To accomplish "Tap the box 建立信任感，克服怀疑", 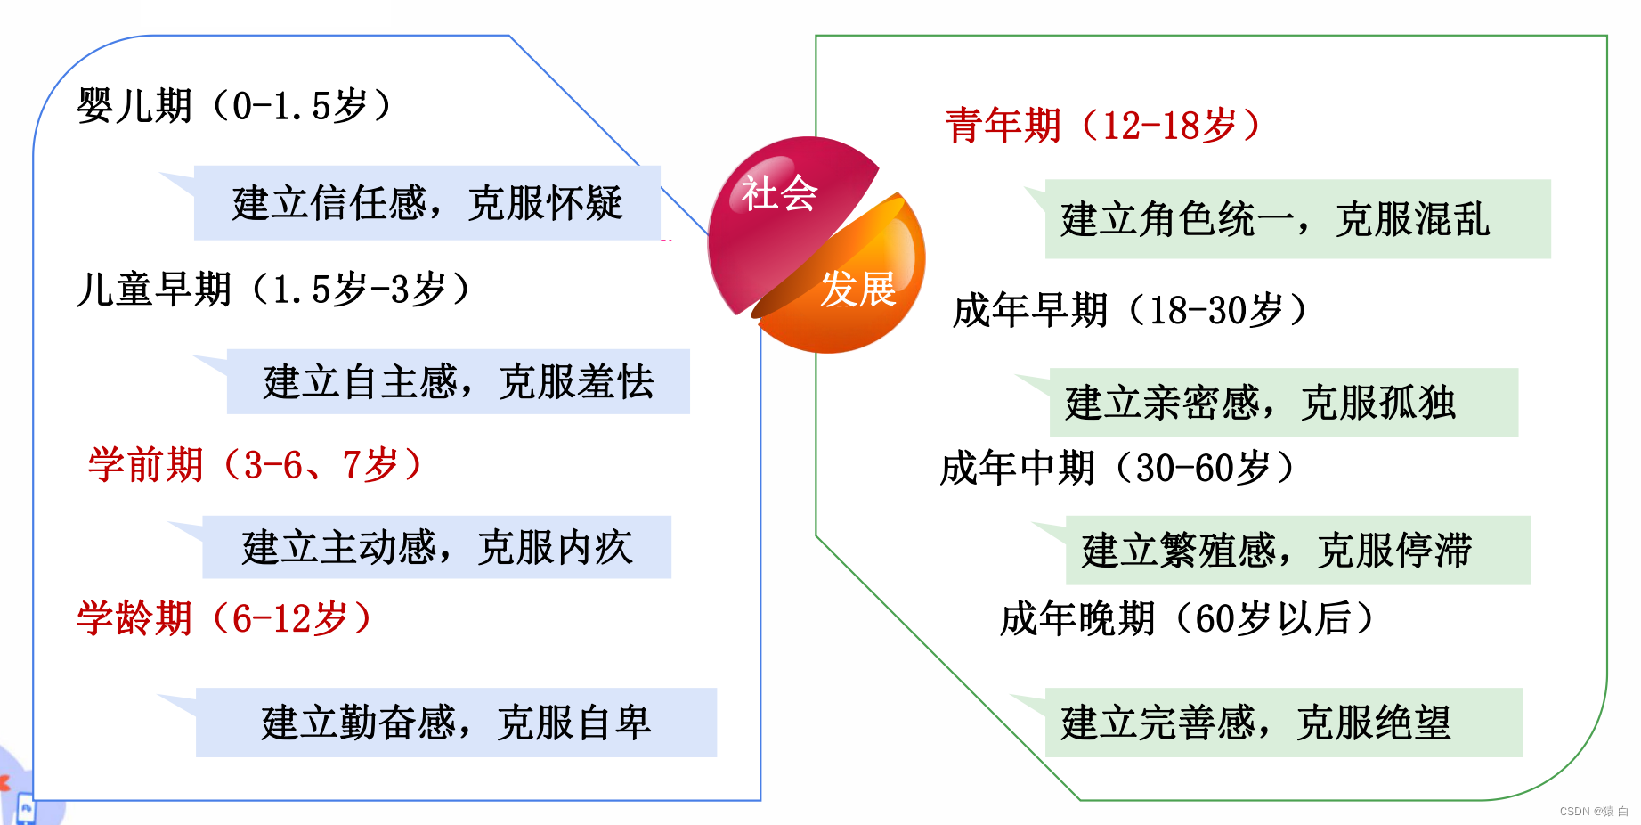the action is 427,203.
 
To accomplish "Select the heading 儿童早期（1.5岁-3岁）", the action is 272,290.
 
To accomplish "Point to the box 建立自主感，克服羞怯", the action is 458,382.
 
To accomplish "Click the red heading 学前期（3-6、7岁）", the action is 255,465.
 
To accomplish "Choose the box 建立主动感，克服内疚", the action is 436,547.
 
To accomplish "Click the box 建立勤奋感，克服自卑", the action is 456,723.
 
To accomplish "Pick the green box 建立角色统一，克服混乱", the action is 1296,219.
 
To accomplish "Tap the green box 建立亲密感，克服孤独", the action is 1283,403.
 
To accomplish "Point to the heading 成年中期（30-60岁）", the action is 1117,468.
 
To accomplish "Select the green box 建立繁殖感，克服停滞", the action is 1297,551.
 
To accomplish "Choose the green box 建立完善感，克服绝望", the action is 1283,723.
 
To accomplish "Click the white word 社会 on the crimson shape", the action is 779,193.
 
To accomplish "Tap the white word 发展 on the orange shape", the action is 857,290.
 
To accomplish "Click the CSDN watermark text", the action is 1593,812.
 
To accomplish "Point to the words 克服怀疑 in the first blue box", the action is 545,203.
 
